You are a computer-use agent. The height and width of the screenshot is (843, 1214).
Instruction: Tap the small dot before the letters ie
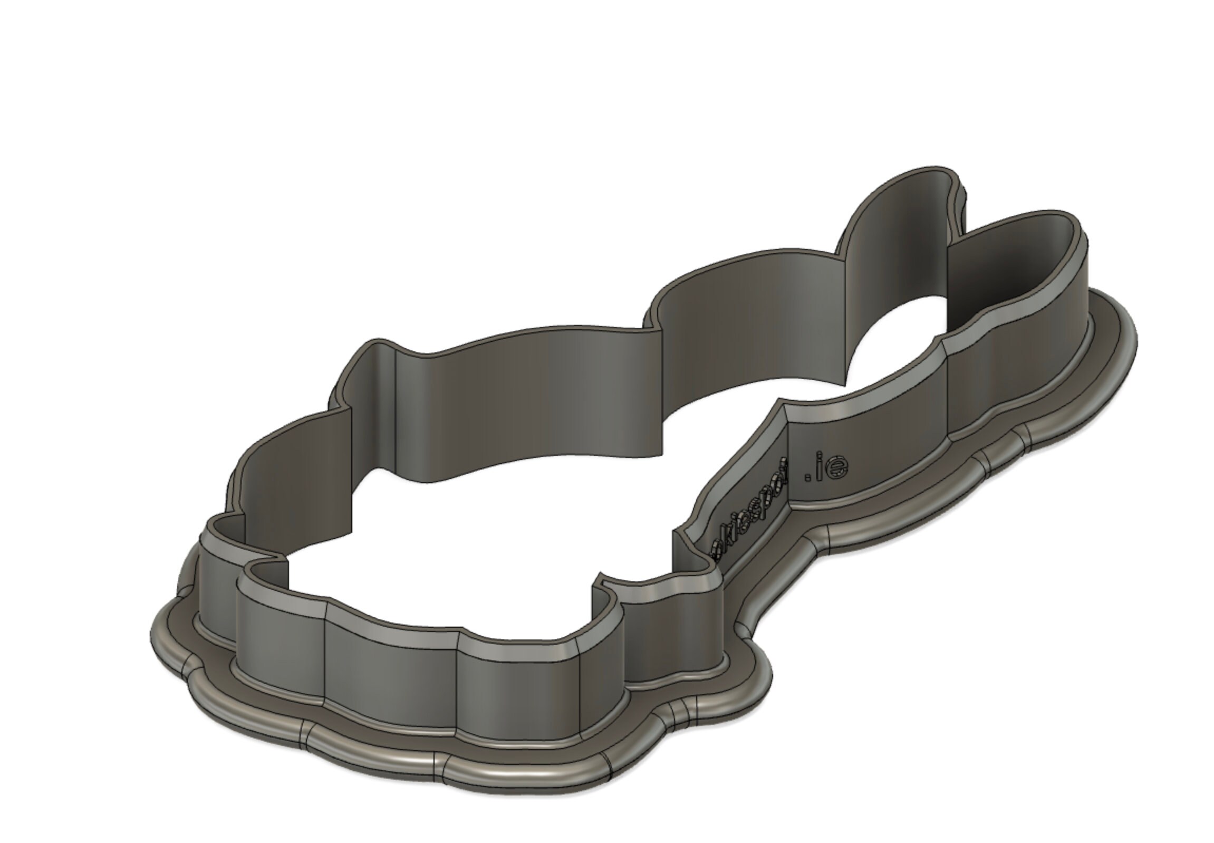807,477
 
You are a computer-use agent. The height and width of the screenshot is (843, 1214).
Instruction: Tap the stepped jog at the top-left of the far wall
380,346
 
